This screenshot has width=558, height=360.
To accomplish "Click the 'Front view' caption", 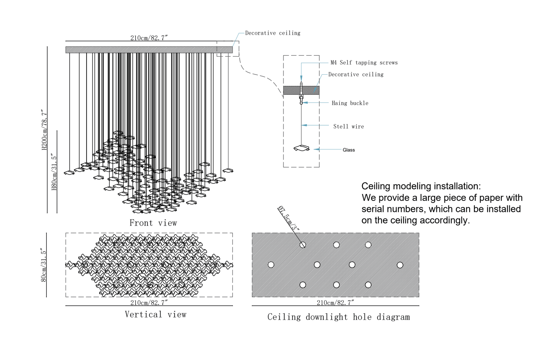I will coord(153,223).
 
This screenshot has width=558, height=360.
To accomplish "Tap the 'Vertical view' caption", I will coord(156,314).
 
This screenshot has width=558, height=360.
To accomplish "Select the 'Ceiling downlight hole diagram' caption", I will coord(339,317).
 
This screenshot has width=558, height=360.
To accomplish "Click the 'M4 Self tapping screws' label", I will coord(364,63).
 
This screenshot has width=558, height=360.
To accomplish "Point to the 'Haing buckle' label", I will coord(350,103).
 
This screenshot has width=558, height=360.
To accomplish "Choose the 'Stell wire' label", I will coord(348,126).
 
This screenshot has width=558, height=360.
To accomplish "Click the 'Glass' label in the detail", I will coord(349,150).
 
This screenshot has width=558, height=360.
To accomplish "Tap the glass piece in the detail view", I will coord(302,148).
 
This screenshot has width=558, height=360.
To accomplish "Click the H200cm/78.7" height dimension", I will coord(44,130).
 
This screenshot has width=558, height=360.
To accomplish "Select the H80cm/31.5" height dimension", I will coord(54,172).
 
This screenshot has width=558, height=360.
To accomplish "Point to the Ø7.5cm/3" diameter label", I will coord(289,219).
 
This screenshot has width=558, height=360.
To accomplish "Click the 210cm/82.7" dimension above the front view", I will coord(149,38).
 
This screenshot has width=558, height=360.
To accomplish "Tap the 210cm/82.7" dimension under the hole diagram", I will coord(335,303).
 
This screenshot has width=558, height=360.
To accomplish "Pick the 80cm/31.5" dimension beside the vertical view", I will coord(44,265).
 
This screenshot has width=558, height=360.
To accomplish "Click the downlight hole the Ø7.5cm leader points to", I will coord(303,245).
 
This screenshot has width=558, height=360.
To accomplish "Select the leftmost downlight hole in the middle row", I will coord(271,265).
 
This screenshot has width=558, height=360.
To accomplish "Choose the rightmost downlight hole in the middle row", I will coord(400,265).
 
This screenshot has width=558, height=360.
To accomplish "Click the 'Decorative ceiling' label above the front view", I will coord(272,33).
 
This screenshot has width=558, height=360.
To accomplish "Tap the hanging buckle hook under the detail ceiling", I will coord(301,100).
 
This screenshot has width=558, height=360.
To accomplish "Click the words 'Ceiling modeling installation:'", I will coord(421,186).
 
